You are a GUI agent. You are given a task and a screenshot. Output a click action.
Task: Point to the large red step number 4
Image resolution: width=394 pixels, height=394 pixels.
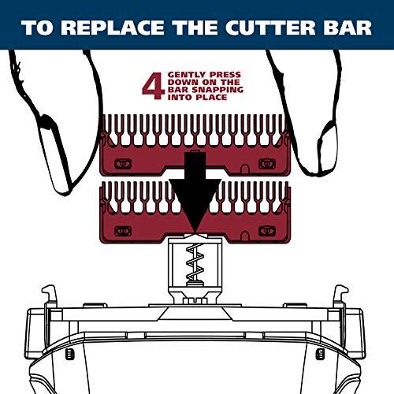point(150,87)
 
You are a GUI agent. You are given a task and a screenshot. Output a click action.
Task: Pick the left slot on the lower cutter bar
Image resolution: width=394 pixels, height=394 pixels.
point(122,230)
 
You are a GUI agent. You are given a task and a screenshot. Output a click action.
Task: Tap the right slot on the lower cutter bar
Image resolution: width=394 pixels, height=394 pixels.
point(271,230)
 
